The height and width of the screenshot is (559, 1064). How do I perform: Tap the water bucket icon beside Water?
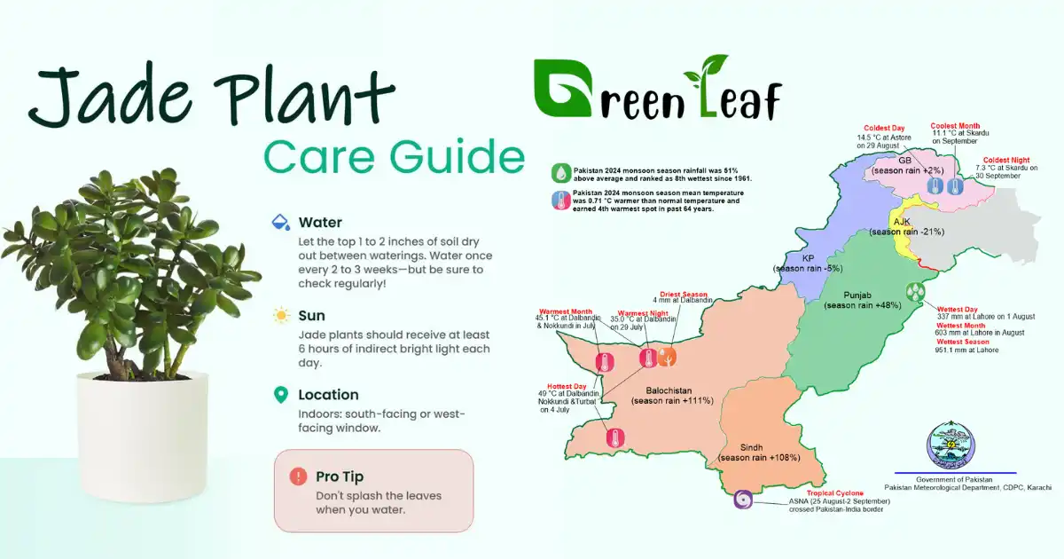point(280,222)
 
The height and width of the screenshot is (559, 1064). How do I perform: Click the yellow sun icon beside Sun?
point(281,315)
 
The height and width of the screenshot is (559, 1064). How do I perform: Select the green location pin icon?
point(281,395)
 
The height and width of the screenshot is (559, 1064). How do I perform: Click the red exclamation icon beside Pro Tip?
point(298,476)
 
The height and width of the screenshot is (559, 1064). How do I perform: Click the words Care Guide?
point(395,157)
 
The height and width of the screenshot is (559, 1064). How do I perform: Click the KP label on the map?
point(808,258)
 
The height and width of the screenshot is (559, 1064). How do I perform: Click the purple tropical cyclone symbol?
point(742,501)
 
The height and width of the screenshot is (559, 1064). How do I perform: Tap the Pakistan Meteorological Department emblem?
point(950,444)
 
